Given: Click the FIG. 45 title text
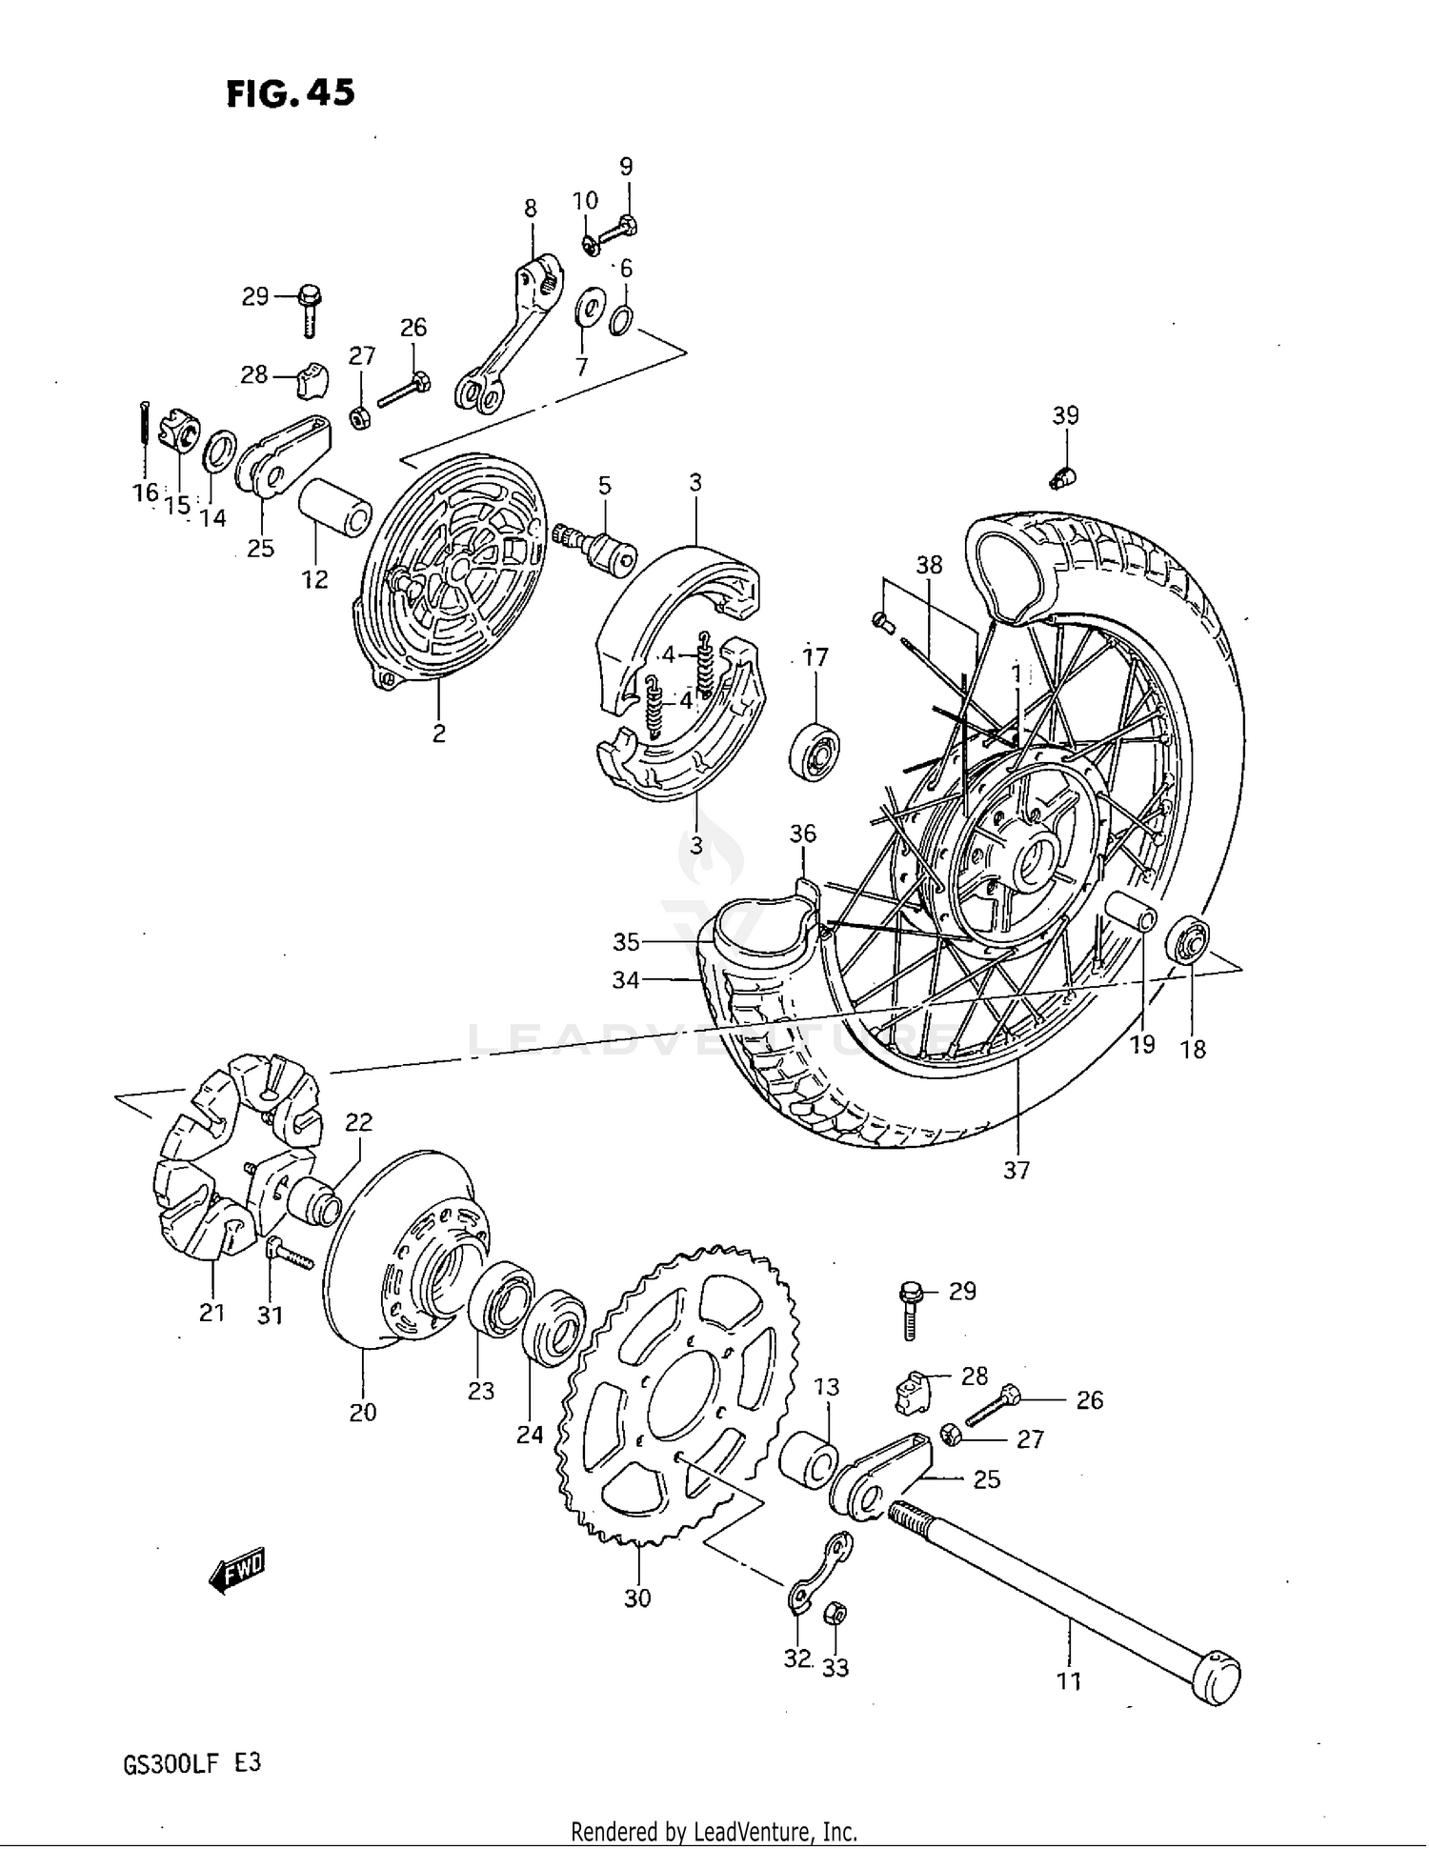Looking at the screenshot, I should [290, 93].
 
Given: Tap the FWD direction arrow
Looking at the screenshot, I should [237, 1569].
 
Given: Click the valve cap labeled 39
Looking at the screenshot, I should [1063, 477].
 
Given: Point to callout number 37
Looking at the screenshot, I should [1016, 1170].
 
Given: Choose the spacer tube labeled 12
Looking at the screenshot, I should [338, 509].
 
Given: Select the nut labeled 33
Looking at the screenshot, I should [835, 1613].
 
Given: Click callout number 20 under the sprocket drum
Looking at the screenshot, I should [362, 1412].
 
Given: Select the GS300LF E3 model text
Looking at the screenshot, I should [191, 1762].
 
